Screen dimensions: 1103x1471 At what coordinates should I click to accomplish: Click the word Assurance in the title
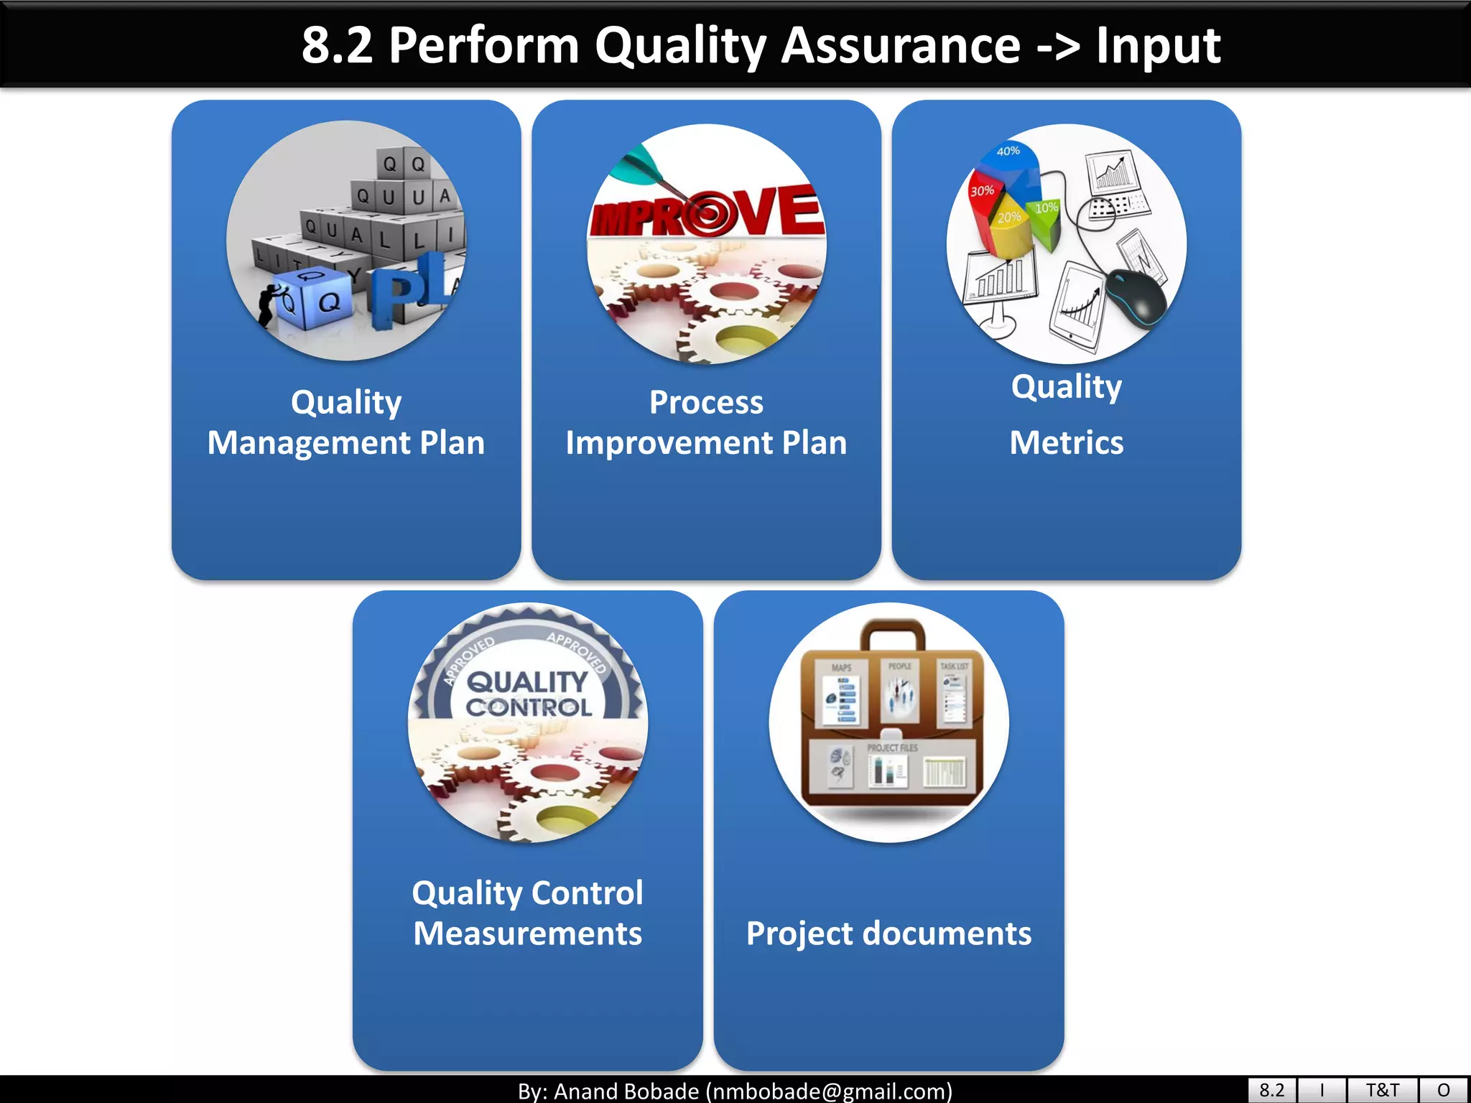[x=900, y=45]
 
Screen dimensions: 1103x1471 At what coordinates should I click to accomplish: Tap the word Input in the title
[x=1157, y=45]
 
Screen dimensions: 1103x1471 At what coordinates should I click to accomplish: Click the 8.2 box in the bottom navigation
[x=1271, y=1090]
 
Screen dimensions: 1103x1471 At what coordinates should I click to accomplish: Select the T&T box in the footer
[x=1382, y=1090]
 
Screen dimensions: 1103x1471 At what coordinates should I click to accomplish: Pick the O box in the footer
[x=1444, y=1090]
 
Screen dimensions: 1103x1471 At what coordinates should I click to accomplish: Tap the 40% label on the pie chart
[x=1008, y=151]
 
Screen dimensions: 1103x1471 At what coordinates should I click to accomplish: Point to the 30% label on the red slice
[x=982, y=191]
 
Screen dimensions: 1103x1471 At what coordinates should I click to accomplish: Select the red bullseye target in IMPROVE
[x=707, y=214]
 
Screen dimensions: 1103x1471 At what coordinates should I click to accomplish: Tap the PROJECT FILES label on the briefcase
[x=892, y=748]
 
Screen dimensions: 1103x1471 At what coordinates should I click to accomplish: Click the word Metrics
[x=1067, y=442]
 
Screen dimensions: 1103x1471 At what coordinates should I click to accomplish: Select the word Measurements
[x=528, y=934]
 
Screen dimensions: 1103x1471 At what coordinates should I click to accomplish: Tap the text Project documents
[x=888, y=934]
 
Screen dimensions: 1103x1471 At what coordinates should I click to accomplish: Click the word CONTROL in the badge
[x=529, y=707]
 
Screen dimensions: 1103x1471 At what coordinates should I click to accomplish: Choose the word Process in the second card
[x=706, y=402]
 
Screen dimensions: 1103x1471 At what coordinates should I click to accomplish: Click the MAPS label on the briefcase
[x=841, y=668]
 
